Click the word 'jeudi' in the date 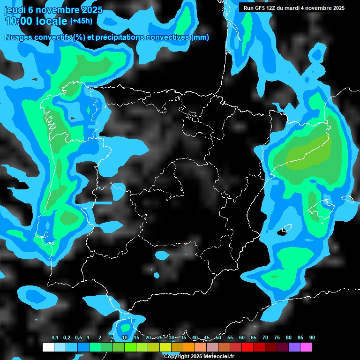tap(15, 10)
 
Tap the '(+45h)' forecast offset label tap(81, 21)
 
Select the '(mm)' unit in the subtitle tap(200, 37)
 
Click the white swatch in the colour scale tap(48, 347)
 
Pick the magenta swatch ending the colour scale tap(306, 347)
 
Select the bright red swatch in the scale tap(247, 347)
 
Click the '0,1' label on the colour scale tap(55, 338)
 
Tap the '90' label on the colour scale tap(312, 338)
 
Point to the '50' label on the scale tap(218, 338)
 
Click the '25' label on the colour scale tap(160, 338)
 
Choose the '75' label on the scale tap(277, 338)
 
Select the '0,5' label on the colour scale tap(78, 338)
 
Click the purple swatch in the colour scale tap(294, 347)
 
